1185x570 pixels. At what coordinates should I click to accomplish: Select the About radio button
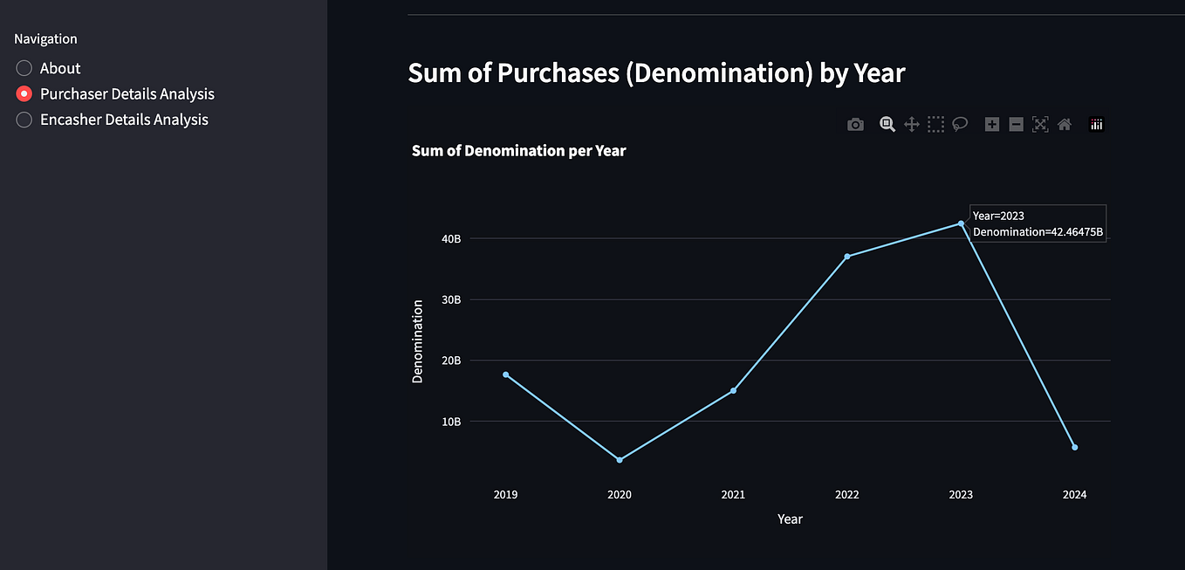24,68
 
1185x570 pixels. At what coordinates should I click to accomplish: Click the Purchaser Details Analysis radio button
24,93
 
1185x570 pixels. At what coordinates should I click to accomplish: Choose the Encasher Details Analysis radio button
24,120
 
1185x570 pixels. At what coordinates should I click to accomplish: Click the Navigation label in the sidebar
45,38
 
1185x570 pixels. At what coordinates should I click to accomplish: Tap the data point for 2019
506,374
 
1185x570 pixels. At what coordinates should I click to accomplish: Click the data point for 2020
620,460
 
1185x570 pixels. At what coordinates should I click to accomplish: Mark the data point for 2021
733,390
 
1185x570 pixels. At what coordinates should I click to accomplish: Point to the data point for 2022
847,257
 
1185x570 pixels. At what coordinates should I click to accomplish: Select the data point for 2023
961,223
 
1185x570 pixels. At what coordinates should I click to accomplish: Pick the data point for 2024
1074,447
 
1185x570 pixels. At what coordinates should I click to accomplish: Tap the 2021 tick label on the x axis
733,495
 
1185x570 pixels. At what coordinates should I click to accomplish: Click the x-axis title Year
790,519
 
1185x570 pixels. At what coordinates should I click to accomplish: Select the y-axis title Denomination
418,341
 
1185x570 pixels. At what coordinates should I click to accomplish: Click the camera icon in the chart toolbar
855,125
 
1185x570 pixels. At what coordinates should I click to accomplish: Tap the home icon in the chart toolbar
1064,125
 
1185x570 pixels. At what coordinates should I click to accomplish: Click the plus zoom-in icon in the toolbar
991,125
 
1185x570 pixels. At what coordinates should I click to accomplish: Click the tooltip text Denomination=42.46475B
1038,232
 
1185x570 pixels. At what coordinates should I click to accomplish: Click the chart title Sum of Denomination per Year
518,150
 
